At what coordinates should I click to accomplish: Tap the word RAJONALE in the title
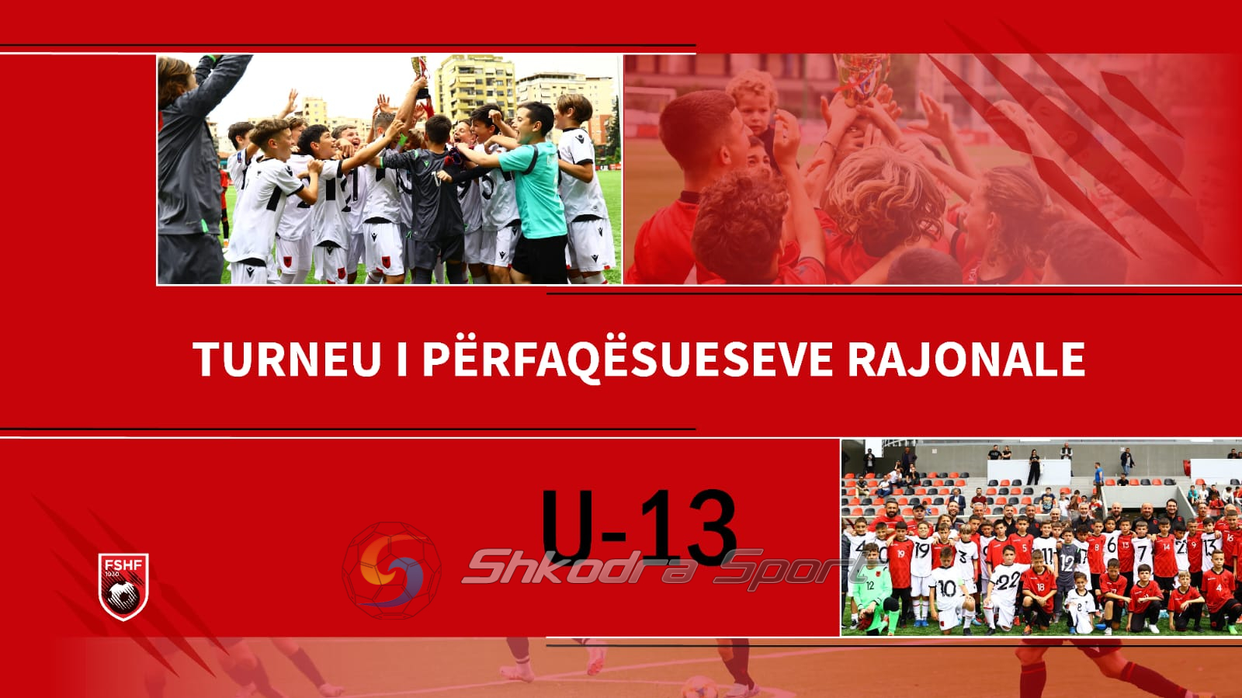966,359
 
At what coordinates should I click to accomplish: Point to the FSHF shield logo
123,586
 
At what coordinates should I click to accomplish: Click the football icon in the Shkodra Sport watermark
391,571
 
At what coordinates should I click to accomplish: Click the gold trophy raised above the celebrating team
420,69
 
